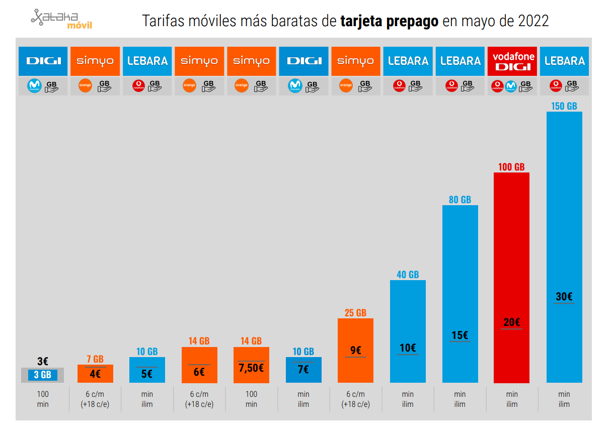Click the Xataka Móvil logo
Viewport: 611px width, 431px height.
click(61, 20)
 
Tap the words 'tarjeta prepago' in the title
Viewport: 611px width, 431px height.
click(389, 21)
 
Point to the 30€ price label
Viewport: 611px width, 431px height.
click(564, 297)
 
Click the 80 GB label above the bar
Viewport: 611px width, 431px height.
click(460, 200)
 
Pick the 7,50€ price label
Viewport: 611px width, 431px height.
click(251, 368)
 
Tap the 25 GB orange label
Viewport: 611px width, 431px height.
click(355, 313)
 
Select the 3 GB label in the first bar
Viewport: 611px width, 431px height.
click(43, 375)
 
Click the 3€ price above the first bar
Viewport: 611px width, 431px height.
click(43, 361)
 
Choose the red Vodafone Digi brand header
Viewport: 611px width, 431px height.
click(512, 61)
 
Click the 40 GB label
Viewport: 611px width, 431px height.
click(408, 275)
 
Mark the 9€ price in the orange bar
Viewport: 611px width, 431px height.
click(355, 351)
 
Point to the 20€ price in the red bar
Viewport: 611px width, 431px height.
click(511, 322)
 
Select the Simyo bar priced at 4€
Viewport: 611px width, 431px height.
click(95, 374)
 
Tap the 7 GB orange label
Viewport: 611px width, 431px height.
click(95, 359)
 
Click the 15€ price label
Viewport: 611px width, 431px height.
click(460, 335)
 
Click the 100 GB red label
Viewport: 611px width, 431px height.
click(511, 167)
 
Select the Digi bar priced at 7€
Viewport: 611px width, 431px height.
click(303, 370)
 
